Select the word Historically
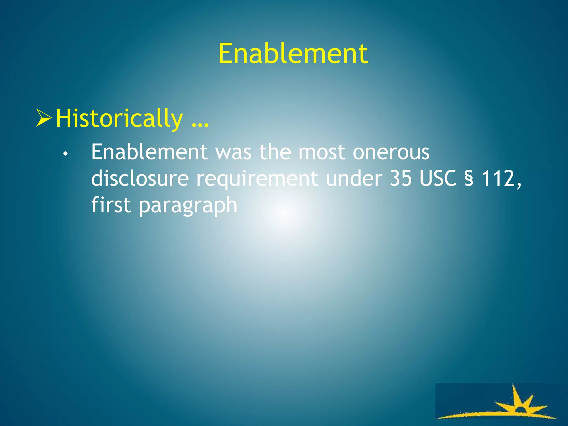click(119, 119)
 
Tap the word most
click(322, 153)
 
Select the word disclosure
click(140, 179)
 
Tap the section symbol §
click(469, 179)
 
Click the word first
click(111, 204)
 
